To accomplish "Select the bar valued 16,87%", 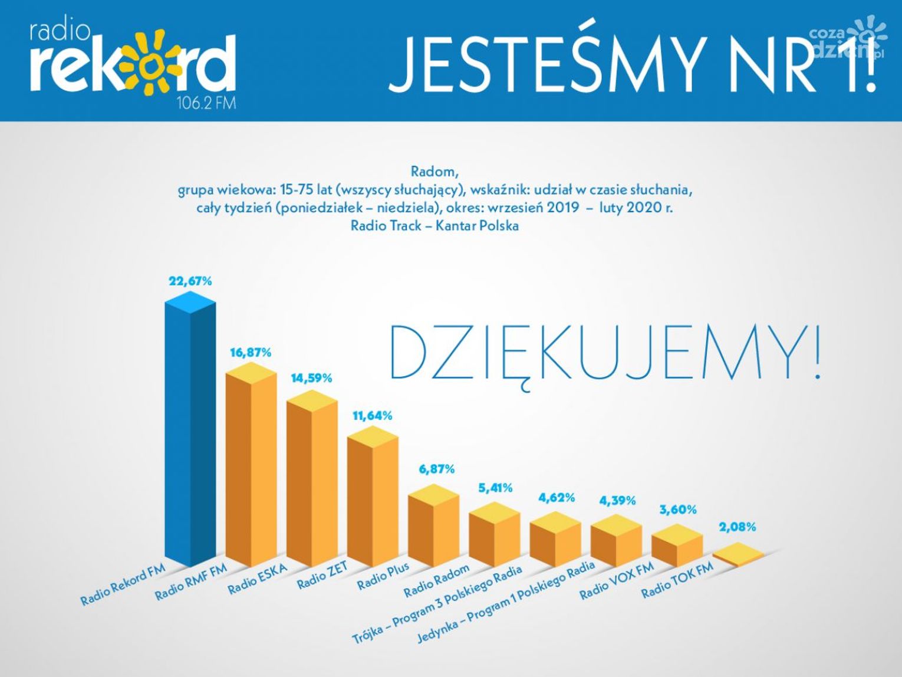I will coord(251,472).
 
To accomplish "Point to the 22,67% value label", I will coord(190,281).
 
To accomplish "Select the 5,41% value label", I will coord(494,488).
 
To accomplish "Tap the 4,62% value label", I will coord(556,498).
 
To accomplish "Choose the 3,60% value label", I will coord(677,510).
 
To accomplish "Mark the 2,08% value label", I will coord(737,527).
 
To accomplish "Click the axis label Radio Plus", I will coord(383,576).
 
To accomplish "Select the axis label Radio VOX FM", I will coord(617,581).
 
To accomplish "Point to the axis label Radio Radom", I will coord(437,580).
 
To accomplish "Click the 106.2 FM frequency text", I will coord(206,104).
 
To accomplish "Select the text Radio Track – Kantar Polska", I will coord(434,226).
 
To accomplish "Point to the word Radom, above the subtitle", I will coord(434,172).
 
